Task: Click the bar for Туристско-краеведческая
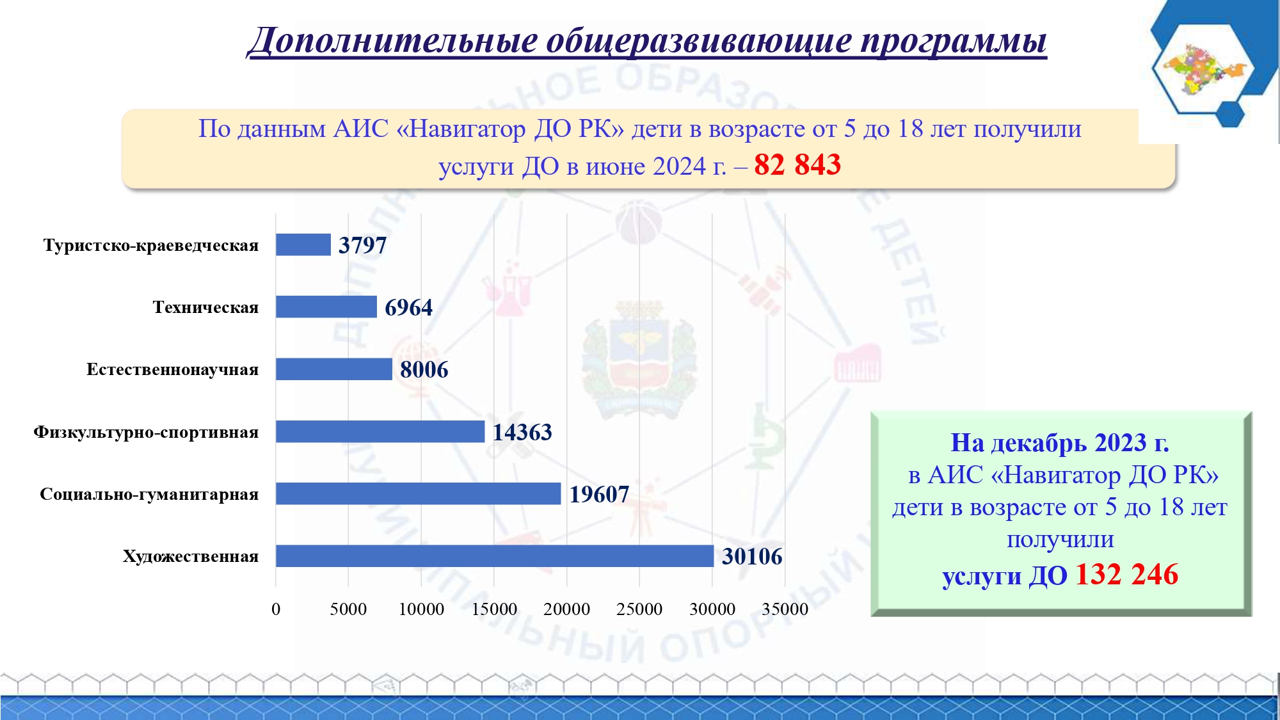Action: [x=303, y=244]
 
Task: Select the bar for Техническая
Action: [x=326, y=307]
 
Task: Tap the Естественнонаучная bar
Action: [x=334, y=369]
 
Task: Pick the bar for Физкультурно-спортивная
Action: [x=380, y=431]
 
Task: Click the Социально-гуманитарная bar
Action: [x=419, y=493]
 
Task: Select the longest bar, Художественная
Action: [x=495, y=556]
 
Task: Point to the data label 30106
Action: [x=752, y=556]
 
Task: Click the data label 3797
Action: [x=362, y=245]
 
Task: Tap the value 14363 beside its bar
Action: [x=522, y=432]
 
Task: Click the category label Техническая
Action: [x=205, y=307]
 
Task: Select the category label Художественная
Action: [x=191, y=556]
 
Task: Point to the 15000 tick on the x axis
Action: [x=494, y=609]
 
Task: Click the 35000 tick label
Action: [x=785, y=609]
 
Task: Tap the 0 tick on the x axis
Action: [x=276, y=609]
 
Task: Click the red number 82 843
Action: [x=797, y=164]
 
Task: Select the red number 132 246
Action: [x=1126, y=574]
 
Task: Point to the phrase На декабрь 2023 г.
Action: [x=1060, y=442]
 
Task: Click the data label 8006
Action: [x=424, y=369]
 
